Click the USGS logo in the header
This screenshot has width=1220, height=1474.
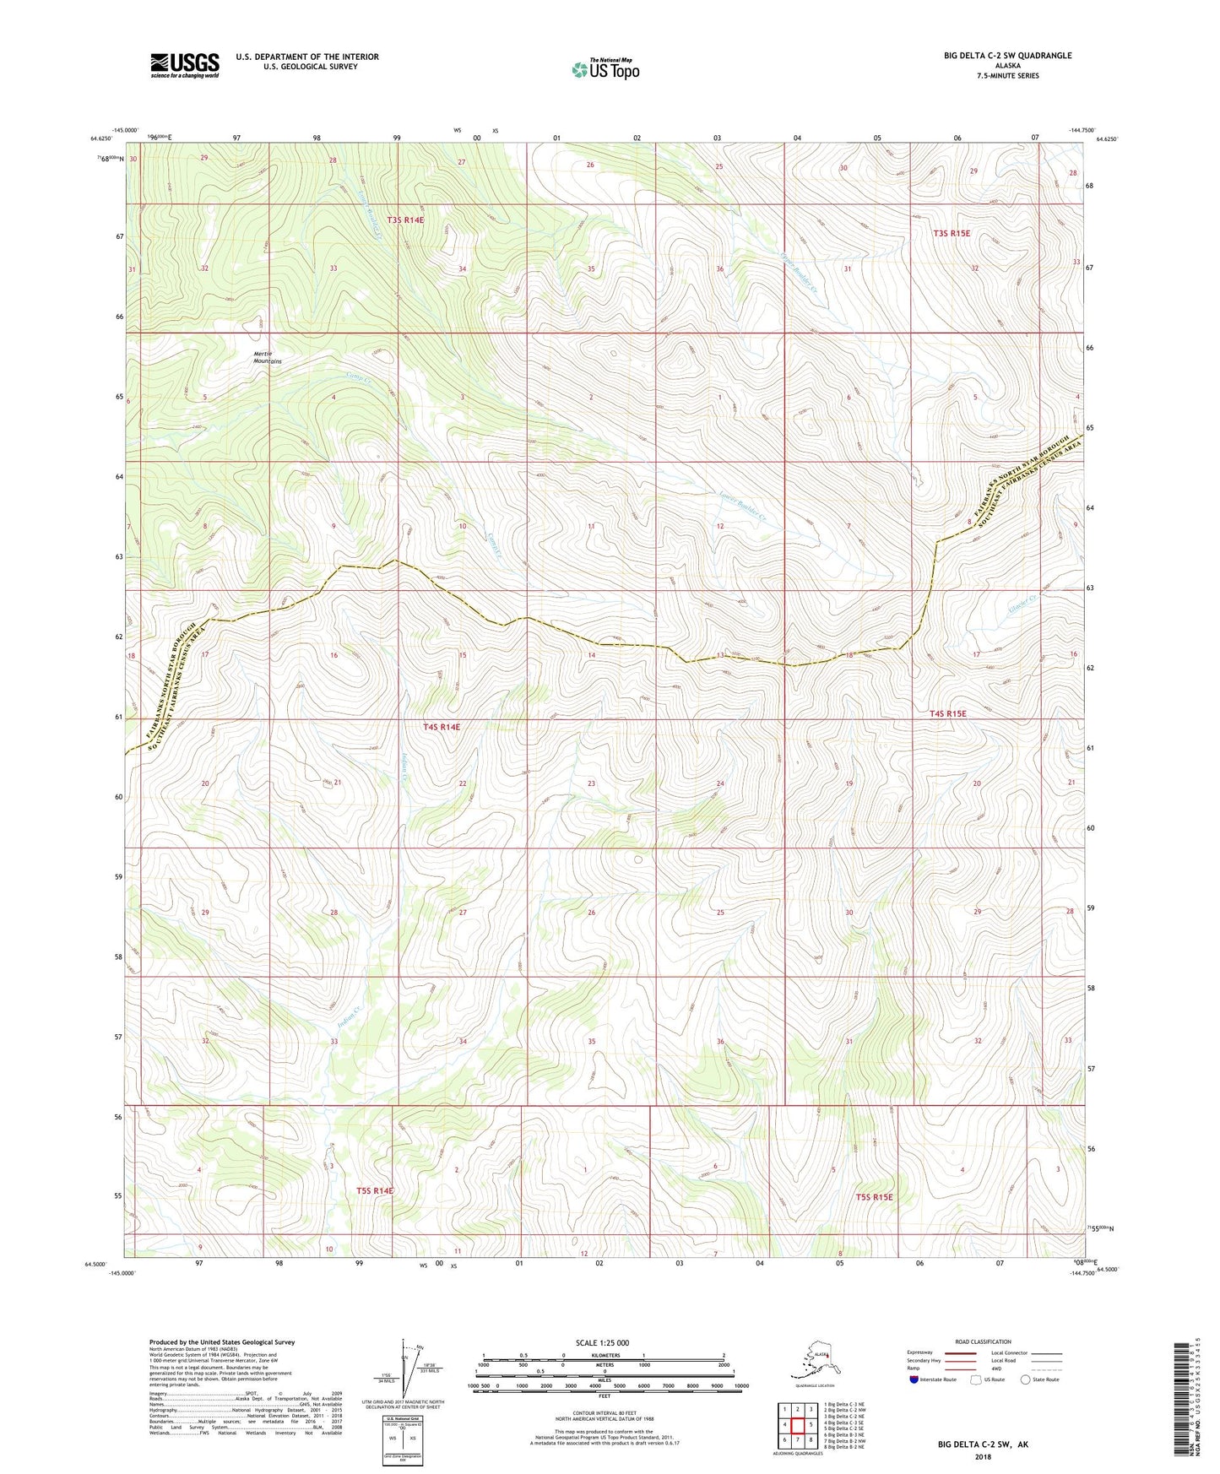point(185,65)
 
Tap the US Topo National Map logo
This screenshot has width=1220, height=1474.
point(605,68)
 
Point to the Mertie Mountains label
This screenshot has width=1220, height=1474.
point(268,357)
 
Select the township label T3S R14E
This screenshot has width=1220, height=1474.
point(405,220)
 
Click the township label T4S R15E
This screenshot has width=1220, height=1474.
point(947,713)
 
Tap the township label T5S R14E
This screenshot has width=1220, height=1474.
point(375,1190)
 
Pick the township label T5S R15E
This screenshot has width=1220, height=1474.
point(874,1197)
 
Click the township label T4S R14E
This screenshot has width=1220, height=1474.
point(442,727)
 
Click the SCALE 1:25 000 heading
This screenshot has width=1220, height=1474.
point(603,1342)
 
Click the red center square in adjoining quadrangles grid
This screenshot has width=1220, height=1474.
point(797,1426)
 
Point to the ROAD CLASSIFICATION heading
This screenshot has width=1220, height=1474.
point(983,1341)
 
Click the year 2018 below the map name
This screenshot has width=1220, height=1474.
point(983,1456)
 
